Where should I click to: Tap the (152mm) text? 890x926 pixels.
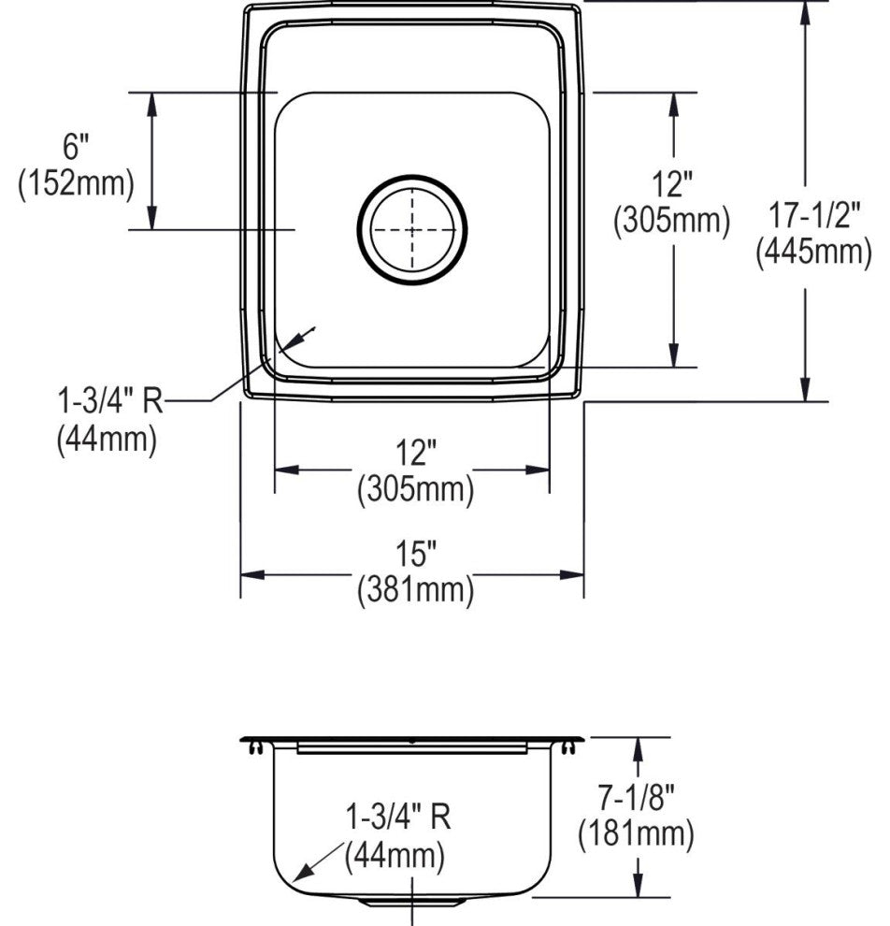click(x=76, y=183)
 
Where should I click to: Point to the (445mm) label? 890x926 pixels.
click(x=814, y=252)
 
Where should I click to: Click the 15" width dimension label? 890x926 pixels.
click(x=416, y=554)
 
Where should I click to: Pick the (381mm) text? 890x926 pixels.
click(x=415, y=589)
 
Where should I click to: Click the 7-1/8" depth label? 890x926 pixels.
click(x=637, y=799)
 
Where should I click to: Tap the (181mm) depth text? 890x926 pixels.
click(x=636, y=834)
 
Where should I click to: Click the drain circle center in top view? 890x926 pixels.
click(x=412, y=230)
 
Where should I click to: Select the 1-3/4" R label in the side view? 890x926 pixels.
click(x=397, y=817)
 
